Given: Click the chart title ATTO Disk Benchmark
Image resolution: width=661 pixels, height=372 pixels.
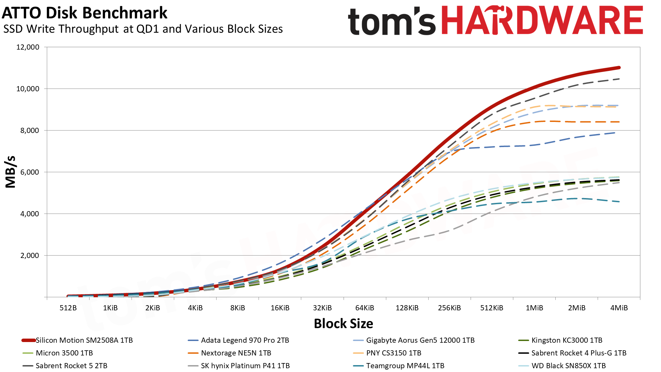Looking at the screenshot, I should click(x=84, y=13).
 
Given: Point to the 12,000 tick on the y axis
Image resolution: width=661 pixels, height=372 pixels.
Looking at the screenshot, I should click(x=28, y=47).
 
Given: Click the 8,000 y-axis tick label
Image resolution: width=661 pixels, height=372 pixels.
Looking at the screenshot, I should click(x=28, y=131).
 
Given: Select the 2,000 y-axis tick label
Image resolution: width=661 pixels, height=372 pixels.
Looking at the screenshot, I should click(x=28, y=256).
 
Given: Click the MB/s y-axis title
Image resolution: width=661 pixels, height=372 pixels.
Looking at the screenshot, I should click(x=11, y=172).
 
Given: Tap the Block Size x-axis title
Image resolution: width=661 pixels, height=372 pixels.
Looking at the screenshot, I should click(x=343, y=323).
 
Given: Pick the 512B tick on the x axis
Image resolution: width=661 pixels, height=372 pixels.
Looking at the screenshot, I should click(x=68, y=308).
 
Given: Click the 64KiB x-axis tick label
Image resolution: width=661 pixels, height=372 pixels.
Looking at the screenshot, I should click(x=365, y=308).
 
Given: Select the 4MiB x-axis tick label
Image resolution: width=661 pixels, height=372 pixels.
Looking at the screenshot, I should click(x=619, y=308).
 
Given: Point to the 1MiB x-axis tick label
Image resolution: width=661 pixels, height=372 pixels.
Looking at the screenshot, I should click(x=534, y=308).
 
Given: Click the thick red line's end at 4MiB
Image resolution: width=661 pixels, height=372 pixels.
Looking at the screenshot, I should click(x=619, y=68).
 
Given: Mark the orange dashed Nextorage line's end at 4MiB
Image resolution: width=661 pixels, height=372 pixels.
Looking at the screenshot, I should click(x=619, y=122).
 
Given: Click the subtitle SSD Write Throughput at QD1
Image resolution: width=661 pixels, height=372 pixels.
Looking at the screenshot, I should click(x=143, y=29).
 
